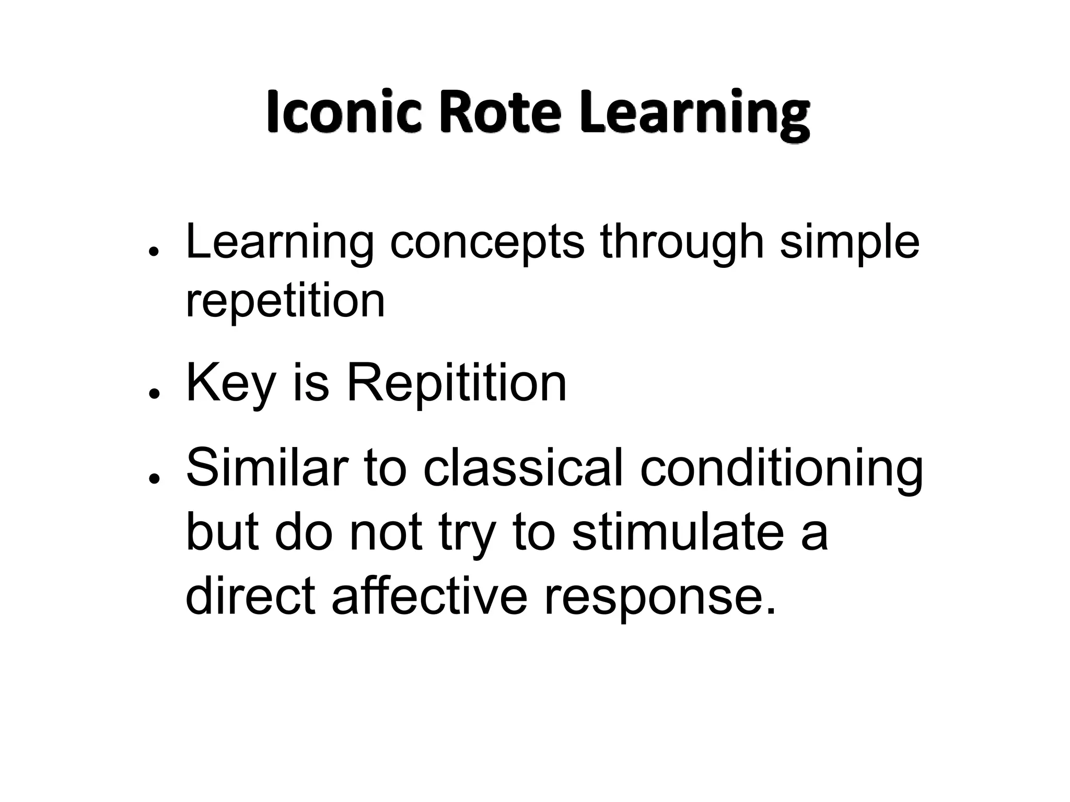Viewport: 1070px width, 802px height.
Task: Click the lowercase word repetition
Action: pyautogui.click(x=285, y=302)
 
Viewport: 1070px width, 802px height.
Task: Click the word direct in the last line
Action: pyautogui.click(x=251, y=596)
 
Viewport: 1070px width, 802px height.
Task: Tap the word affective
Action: pyautogui.click(x=429, y=596)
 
